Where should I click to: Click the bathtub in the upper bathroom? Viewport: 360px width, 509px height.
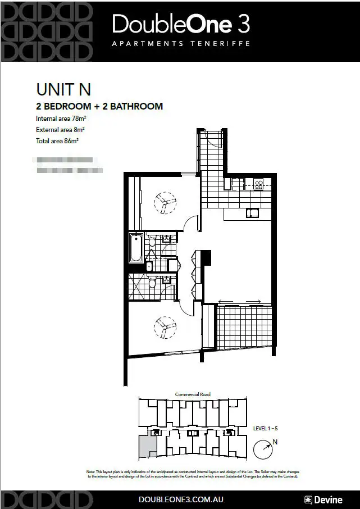pos(136,247)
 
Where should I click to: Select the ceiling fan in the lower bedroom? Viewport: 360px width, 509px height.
pos(165,327)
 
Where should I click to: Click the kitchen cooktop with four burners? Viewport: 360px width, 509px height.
pos(259,184)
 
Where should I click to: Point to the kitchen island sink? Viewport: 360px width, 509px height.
pos(250,213)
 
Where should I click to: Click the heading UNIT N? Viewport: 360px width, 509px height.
pos(63,90)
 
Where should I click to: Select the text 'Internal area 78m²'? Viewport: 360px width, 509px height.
pos(61,119)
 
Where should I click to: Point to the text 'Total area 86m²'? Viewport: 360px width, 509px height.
pos(57,141)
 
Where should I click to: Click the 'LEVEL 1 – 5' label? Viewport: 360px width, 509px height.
pos(265,429)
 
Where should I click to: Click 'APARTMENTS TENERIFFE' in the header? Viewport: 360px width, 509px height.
pos(180,43)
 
